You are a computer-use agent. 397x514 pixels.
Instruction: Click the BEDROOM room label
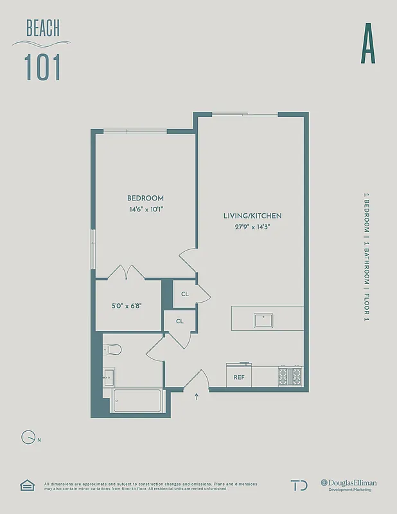point(145,198)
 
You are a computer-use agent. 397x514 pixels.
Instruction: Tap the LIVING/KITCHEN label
point(252,216)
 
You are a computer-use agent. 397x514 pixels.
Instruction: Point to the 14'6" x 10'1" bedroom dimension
point(145,209)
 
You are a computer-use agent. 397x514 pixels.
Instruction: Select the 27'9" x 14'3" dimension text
point(252,226)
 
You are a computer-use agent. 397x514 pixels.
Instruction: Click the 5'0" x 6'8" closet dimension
point(128,305)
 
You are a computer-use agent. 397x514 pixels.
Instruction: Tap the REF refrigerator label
point(238,378)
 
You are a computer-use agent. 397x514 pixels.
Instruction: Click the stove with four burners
point(290,376)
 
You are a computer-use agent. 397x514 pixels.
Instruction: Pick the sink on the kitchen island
point(264,319)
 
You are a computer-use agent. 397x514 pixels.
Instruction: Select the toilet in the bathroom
point(113,350)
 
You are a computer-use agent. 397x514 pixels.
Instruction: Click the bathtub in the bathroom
point(137,401)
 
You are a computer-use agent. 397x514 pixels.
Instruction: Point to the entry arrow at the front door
point(196,397)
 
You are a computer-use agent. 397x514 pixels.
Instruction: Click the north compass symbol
point(28,438)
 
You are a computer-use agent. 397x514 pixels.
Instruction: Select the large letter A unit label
point(367,43)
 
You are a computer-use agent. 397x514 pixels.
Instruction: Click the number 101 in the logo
point(43,67)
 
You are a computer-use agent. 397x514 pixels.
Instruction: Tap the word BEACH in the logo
point(43,28)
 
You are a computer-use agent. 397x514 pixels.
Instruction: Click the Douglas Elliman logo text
point(349,483)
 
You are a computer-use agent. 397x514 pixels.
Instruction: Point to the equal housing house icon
point(26,485)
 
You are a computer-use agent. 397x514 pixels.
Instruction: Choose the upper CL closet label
point(185,294)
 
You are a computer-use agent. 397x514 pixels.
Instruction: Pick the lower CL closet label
point(180,321)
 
